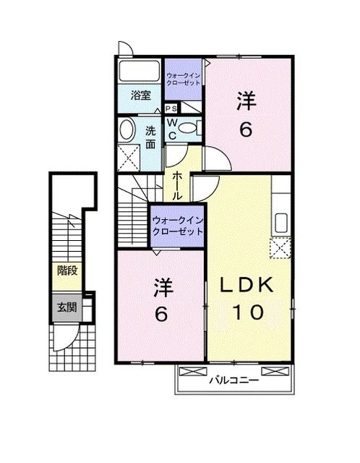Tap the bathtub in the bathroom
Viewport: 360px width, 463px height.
point(139,73)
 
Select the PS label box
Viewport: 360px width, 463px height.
point(171,109)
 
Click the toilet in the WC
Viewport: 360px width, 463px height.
point(188,129)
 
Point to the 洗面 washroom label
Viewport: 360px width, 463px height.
point(150,137)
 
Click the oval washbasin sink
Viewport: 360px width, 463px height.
point(126,131)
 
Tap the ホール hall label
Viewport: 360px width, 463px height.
point(176,187)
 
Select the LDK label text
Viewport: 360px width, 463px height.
point(246,286)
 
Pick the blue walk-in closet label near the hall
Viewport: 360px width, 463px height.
point(176,223)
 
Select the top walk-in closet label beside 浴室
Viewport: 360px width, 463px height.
point(184,79)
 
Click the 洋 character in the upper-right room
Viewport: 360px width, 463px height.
point(247,103)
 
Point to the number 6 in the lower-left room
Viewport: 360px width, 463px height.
point(162,315)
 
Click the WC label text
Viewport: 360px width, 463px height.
point(173,129)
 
